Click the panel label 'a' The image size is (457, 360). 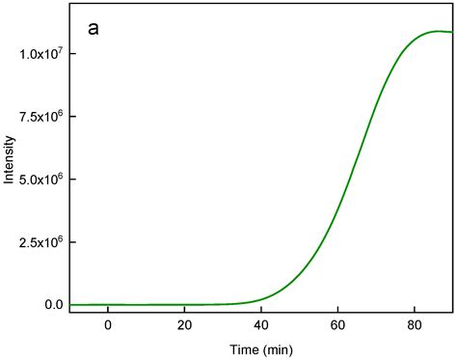pyautogui.click(x=93, y=29)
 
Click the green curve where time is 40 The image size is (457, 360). pyautogui.click(x=260, y=297)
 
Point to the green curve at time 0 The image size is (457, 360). pyautogui.click(x=108, y=304)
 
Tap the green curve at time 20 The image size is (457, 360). pyautogui.click(x=184, y=304)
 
